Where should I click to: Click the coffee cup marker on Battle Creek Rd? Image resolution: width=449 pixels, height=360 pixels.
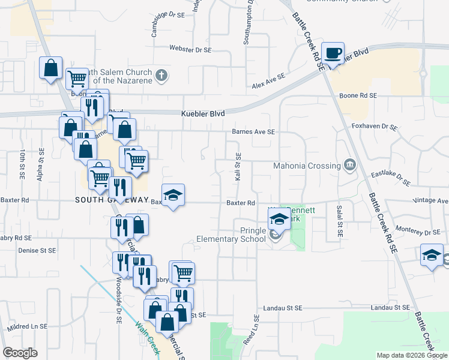(333, 53)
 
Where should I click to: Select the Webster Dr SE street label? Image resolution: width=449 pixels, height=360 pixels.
(191, 49)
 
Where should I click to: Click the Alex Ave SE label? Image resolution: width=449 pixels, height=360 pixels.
(268, 82)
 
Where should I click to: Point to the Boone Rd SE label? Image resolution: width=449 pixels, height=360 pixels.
(358, 95)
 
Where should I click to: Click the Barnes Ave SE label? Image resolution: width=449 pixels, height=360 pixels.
(253, 132)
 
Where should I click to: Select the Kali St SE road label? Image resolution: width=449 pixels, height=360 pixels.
(238, 168)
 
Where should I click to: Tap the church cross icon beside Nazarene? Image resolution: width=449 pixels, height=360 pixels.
(160, 76)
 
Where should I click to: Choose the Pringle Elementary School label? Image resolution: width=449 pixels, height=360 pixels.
(231, 235)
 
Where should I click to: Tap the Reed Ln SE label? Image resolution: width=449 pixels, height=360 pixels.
(256, 329)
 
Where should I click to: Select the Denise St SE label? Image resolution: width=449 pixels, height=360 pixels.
(37, 250)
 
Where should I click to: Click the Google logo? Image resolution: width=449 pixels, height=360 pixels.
(20, 353)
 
